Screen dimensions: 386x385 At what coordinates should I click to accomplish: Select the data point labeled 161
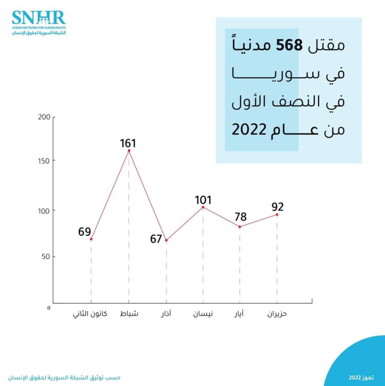pos(129,151)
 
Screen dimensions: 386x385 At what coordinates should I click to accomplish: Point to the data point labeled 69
pos(91,239)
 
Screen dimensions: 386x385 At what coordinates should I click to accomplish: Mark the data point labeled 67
pos(166,240)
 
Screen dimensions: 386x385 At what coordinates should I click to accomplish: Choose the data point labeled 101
pos(203,207)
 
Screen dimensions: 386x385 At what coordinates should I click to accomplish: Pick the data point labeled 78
pos(240,227)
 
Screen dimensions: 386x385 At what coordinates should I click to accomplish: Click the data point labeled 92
pos(277,214)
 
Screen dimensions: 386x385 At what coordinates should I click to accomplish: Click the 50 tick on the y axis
pos(46,257)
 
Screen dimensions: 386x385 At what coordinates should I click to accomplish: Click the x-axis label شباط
pos(129,314)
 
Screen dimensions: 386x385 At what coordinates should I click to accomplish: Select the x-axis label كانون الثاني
pos(90,314)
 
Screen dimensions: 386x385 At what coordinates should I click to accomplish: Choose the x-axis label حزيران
pos(277,314)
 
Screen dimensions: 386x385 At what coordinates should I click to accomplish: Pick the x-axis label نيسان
pos(203,314)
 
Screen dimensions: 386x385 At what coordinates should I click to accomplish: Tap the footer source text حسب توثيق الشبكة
pos(66,377)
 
